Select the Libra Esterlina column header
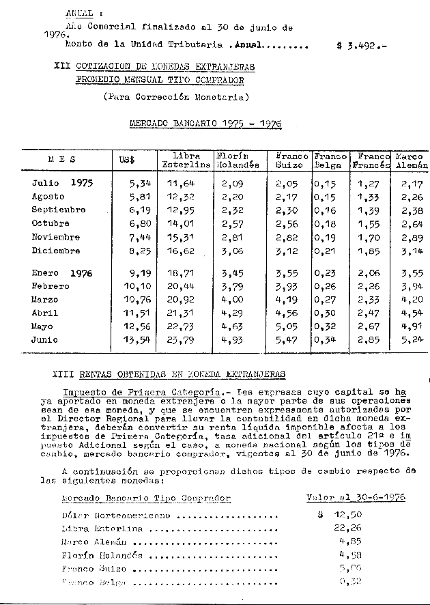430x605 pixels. [x=186, y=160]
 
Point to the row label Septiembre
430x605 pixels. [x=59, y=210]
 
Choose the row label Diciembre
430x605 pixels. [x=56, y=251]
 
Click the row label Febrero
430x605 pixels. [x=50, y=286]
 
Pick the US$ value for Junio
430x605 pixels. [x=134, y=341]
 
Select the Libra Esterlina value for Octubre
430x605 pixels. [x=182, y=223]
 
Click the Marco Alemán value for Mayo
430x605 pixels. [x=412, y=327]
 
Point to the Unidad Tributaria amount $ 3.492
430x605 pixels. [x=361, y=46]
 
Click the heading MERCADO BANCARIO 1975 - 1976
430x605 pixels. [x=205, y=124]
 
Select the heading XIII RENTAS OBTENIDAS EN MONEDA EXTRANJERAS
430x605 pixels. [x=169, y=374]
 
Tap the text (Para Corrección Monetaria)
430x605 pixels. [x=176, y=97]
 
